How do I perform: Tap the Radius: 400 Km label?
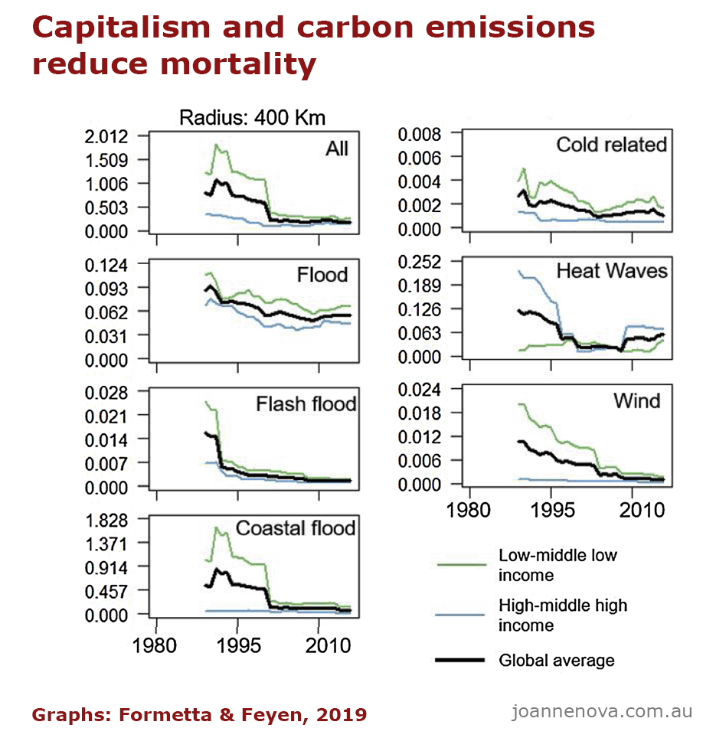(x=252, y=118)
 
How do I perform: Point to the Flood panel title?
(x=322, y=275)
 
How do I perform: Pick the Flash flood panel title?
(x=307, y=403)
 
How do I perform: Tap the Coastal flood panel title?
(x=296, y=528)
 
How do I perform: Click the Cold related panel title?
(x=611, y=145)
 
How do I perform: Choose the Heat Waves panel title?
(x=611, y=271)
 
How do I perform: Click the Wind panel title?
(x=636, y=400)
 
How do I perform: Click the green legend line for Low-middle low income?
(x=461, y=565)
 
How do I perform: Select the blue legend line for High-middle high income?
(x=461, y=615)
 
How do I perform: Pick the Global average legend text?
(x=556, y=660)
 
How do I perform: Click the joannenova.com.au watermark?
(x=602, y=711)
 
